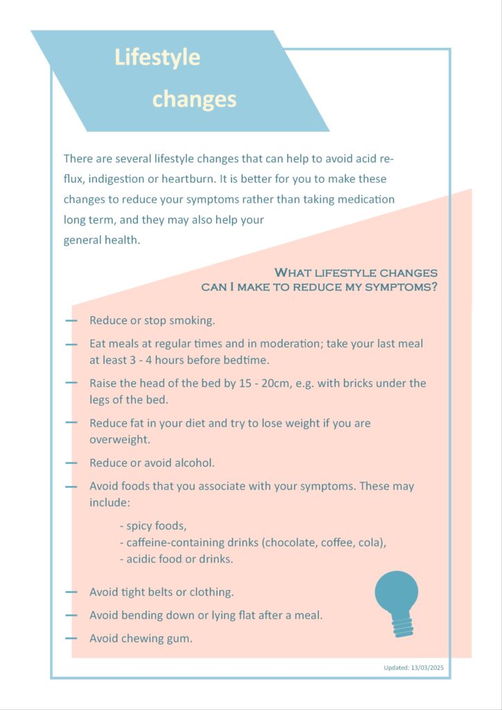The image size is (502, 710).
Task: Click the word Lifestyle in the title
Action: click(157, 58)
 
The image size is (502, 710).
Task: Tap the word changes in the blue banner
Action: click(194, 99)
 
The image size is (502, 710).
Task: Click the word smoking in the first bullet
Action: click(192, 321)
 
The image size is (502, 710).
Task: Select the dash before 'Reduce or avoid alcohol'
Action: click(71, 462)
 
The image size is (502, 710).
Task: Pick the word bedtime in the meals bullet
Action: click(246, 361)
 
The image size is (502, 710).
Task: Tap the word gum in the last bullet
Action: click(179, 639)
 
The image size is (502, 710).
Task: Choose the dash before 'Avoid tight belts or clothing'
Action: click(71, 592)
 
